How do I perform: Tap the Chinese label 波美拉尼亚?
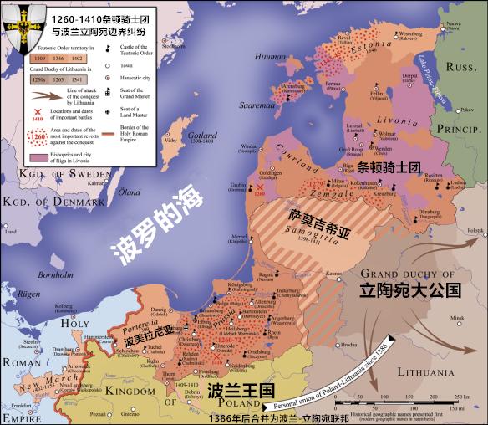150,341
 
